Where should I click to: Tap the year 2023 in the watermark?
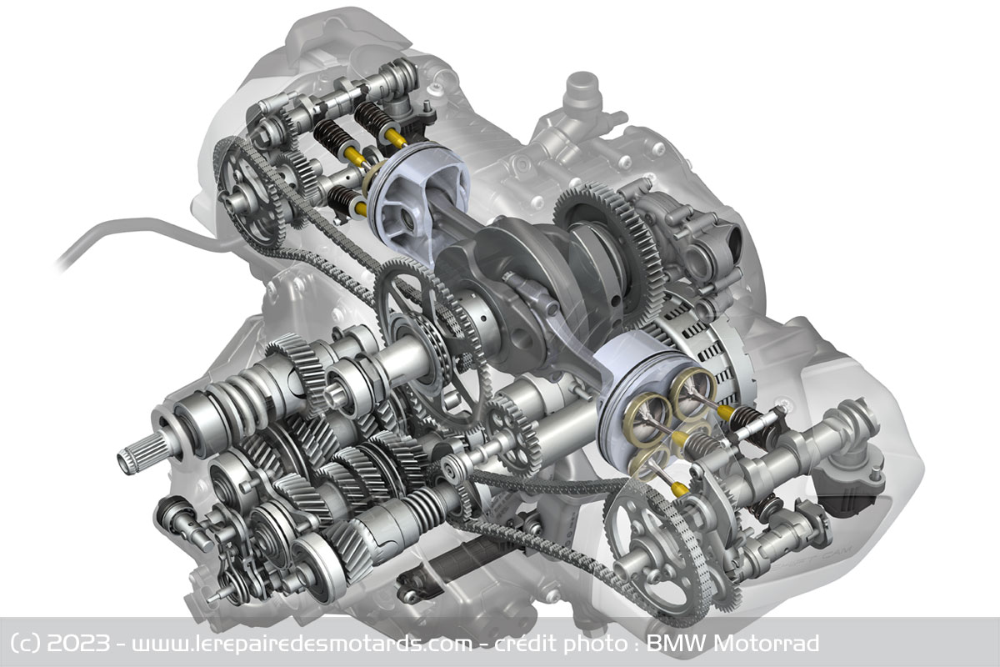[x=79, y=644]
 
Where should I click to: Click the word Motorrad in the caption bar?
[x=767, y=644]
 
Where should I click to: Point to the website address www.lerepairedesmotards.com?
[x=302, y=644]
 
